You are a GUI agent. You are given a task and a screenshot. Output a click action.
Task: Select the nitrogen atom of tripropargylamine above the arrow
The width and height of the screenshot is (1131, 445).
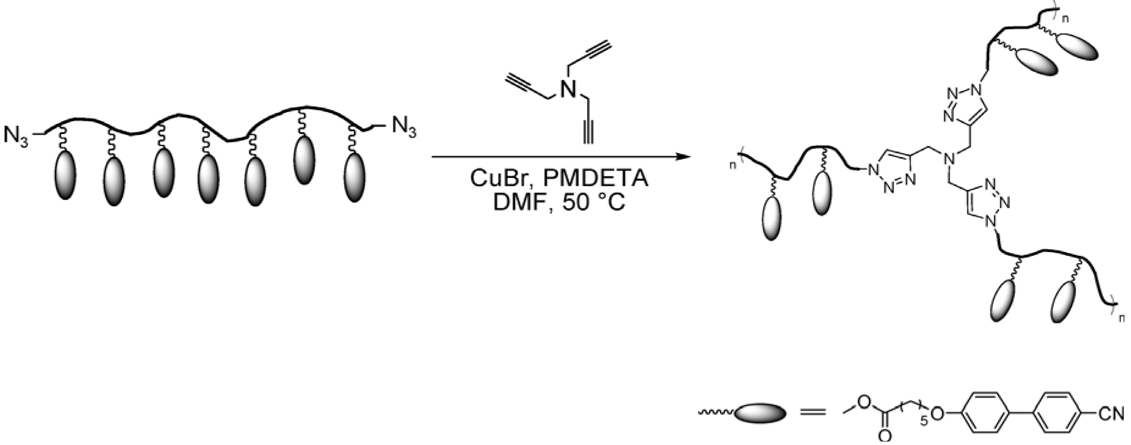569,89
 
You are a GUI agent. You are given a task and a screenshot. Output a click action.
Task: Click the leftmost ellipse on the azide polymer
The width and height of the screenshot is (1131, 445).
65,175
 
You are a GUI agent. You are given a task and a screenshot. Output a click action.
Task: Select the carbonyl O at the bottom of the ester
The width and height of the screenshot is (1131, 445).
886,437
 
